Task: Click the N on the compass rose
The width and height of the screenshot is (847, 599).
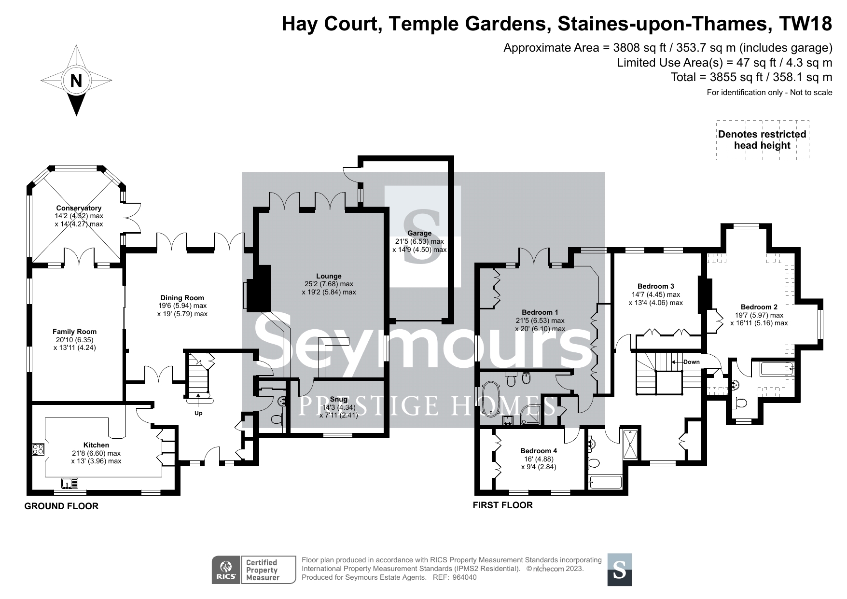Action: (x=76, y=81)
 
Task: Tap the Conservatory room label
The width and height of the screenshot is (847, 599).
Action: (x=79, y=208)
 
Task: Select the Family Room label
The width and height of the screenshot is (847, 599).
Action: (x=75, y=332)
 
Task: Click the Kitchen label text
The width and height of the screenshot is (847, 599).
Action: (x=97, y=445)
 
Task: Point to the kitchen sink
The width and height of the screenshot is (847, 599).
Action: (x=70, y=482)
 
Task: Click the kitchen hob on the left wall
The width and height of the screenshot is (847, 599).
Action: (x=39, y=449)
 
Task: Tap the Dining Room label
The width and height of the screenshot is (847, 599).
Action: (x=182, y=298)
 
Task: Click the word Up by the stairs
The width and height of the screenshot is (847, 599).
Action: (x=198, y=413)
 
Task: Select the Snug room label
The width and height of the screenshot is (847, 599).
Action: (x=339, y=399)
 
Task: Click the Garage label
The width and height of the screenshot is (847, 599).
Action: (x=419, y=233)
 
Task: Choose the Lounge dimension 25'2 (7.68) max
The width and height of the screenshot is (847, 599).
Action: (x=329, y=284)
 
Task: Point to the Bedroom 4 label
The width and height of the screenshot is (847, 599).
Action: (x=539, y=451)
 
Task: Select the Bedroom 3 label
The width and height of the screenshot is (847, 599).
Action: (x=655, y=286)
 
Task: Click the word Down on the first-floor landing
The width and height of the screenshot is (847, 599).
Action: (x=691, y=362)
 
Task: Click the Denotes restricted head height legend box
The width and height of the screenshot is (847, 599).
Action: (x=763, y=140)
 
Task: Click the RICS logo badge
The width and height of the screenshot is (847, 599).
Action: (x=226, y=570)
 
